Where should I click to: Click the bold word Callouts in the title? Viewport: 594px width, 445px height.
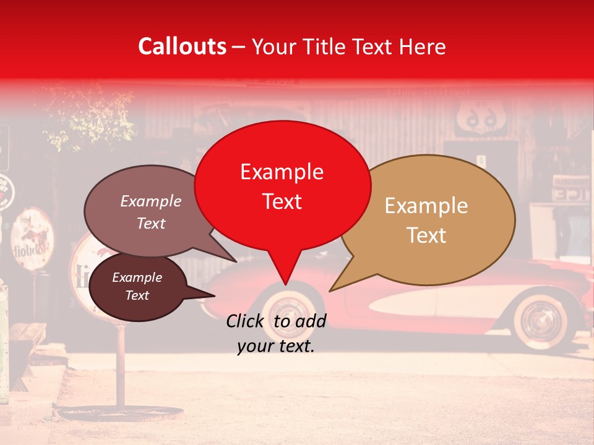(x=182, y=46)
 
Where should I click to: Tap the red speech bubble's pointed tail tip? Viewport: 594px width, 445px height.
(x=285, y=284)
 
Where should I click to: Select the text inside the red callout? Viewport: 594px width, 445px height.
(x=282, y=186)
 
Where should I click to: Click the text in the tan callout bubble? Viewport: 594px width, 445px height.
(x=426, y=220)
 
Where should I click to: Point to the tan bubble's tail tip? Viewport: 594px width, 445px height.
(x=330, y=290)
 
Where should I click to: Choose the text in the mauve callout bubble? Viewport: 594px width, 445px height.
(x=151, y=212)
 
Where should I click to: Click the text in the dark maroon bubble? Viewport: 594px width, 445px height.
(x=137, y=286)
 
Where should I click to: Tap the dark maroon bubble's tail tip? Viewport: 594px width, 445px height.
(x=215, y=295)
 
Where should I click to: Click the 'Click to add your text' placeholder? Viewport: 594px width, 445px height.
(x=276, y=333)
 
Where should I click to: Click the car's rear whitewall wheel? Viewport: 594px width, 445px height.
(x=536, y=322)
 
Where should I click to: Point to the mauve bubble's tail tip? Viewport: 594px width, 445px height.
(x=236, y=261)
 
